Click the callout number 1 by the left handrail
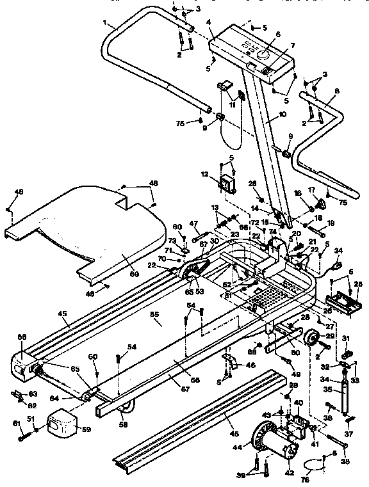click(x=104, y=22)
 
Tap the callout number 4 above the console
click(x=209, y=22)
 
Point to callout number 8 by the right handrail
click(x=336, y=91)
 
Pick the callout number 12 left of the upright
click(x=204, y=173)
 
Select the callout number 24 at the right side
click(x=339, y=250)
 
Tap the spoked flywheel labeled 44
click(x=262, y=436)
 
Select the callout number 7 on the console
click(x=292, y=45)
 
